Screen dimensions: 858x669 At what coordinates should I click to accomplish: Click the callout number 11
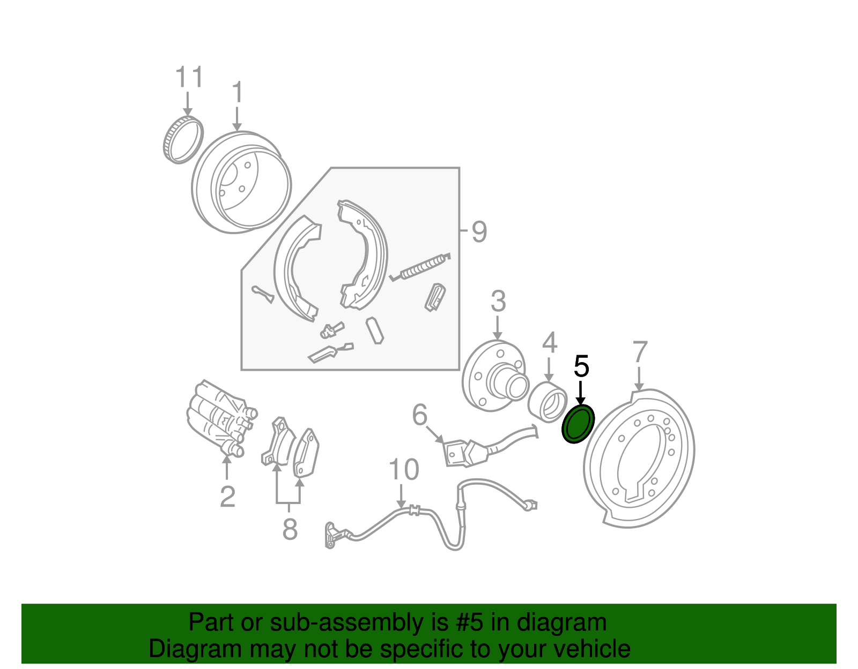189,77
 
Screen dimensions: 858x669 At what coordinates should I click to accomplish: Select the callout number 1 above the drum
238,92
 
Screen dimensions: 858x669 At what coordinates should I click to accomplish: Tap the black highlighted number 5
581,366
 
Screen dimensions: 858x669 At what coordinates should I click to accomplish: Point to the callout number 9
479,232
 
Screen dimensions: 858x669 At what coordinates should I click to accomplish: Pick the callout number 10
404,470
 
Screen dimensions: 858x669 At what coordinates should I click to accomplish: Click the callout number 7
640,352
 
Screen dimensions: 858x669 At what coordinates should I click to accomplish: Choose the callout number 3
498,301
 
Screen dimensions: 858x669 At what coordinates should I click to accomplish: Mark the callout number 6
420,415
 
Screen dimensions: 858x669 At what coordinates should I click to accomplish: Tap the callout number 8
290,529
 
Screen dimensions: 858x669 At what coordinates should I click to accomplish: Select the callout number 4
550,343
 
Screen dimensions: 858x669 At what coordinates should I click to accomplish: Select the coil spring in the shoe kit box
420,267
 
